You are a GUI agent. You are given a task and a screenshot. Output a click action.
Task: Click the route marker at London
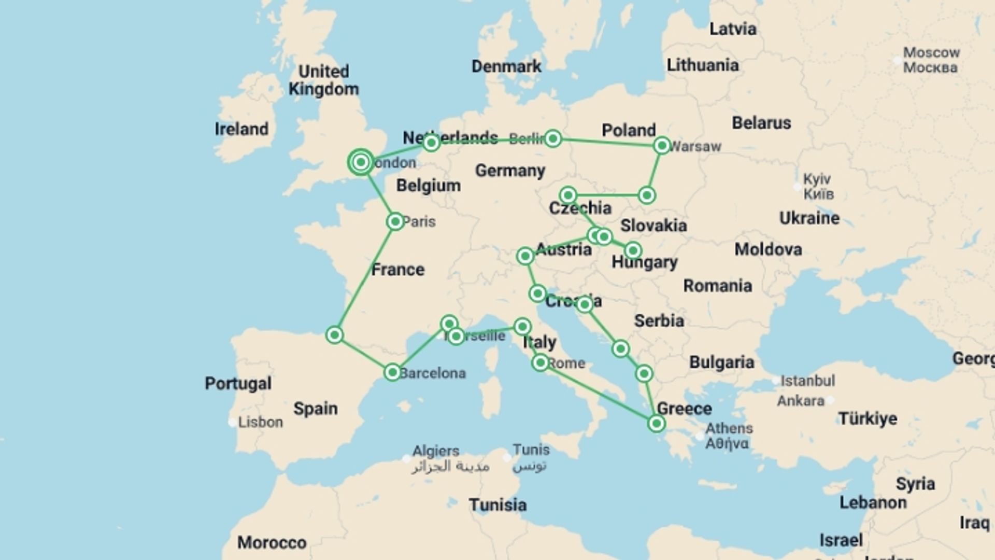tap(361, 162)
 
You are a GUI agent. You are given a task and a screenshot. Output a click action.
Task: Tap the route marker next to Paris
tap(395, 222)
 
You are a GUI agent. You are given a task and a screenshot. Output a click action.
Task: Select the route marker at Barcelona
tap(392, 372)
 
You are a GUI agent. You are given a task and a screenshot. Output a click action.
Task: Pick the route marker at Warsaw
tap(662, 146)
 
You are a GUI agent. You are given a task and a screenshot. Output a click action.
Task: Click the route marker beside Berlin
tap(553, 138)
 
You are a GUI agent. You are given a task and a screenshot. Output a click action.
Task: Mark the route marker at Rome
tap(540, 362)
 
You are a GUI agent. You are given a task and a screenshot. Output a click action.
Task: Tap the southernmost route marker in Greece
tap(656, 424)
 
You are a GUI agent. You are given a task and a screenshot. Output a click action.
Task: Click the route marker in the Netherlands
tap(431, 143)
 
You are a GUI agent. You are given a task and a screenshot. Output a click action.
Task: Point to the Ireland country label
tap(241, 129)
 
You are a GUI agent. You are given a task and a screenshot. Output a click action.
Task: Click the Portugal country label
tap(238, 383)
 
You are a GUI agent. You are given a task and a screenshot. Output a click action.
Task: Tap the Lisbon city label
tap(260, 422)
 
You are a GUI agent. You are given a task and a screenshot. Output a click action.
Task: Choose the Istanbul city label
tap(807, 381)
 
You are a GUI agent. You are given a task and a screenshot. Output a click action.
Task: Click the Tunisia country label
tap(497, 505)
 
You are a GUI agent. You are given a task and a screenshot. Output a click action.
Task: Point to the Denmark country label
tap(506, 66)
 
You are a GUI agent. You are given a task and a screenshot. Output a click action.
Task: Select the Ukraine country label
tap(809, 218)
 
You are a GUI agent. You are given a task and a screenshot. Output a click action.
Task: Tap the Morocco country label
tap(272, 542)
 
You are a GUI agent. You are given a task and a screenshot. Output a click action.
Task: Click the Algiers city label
tap(435, 451)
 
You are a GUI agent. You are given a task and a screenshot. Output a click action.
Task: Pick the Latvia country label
tap(732, 29)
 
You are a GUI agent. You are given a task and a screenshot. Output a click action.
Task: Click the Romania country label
tap(717, 286)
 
